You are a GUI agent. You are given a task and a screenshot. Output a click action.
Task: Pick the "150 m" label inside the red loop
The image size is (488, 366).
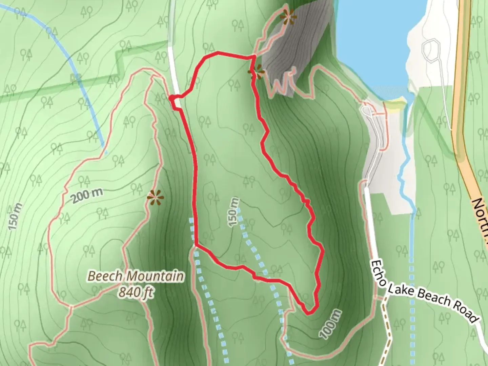click(233, 212)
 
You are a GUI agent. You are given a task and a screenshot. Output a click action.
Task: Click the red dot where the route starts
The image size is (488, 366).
click(172, 98)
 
